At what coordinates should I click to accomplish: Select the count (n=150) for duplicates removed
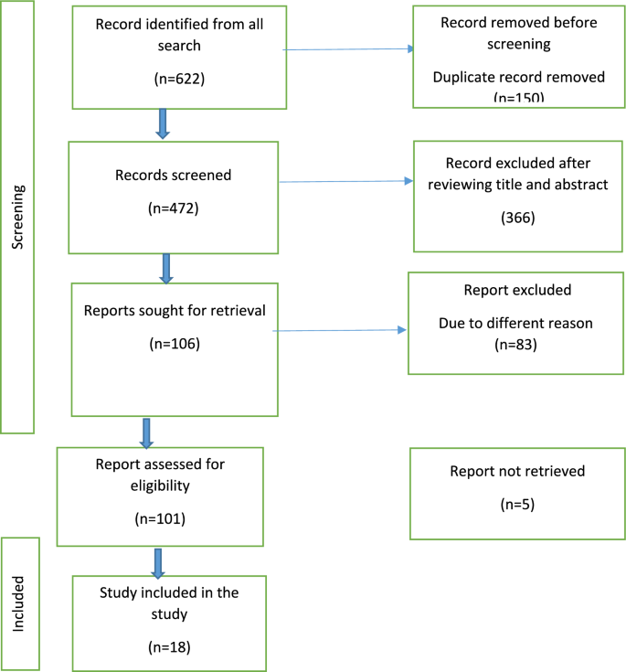point(518,97)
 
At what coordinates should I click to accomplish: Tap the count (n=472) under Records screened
point(173,208)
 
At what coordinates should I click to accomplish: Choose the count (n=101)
point(160,518)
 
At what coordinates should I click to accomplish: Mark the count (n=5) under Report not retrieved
point(516,504)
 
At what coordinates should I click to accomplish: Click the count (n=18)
point(169,647)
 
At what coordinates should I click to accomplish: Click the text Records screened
point(173,174)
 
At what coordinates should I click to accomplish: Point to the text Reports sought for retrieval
point(174,310)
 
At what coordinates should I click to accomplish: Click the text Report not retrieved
point(516,471)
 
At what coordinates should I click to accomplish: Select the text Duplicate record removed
point(518,78)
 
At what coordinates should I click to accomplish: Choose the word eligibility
point(160,485)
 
